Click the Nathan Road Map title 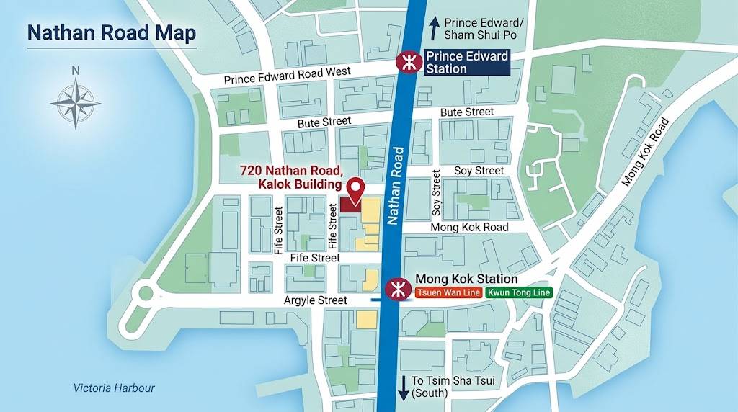[111, 34]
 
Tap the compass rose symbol [75, 102]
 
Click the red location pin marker [355, 189]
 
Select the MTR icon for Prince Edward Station [408, 63]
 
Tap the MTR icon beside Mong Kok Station [396, 289]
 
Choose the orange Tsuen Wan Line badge [448, 293]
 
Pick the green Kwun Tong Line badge [519, 293]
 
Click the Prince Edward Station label [467, 63]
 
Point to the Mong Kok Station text [466, 279]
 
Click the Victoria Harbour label [114, 388]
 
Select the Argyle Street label [316, 300]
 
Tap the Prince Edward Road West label [287, 75]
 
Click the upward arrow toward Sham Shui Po [435, 29]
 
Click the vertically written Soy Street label [436, 193]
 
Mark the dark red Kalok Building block [350, 204]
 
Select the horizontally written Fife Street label [315, 257]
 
